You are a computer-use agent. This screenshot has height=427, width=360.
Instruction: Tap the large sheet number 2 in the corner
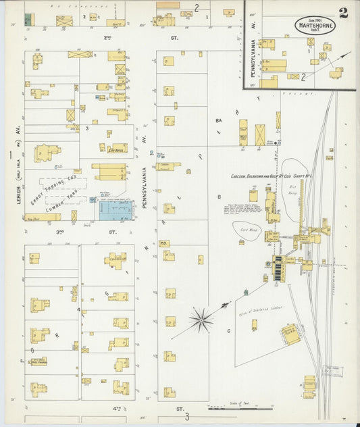(343, 14)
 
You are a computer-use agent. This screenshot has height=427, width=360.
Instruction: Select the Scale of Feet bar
(240, 407)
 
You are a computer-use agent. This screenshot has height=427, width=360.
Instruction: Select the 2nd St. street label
(107, 38)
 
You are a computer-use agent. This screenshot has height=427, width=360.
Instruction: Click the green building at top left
(28, 20)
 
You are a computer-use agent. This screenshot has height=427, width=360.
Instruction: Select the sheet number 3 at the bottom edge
(188, 417)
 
